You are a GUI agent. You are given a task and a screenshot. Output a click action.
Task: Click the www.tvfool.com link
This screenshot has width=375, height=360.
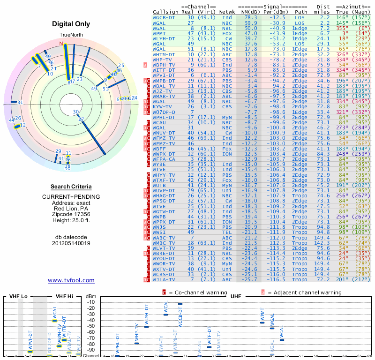click(71, 280)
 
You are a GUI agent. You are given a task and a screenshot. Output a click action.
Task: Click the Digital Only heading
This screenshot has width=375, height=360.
click(71, 23)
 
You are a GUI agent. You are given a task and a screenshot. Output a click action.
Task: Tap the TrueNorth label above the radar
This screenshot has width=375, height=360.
click(71, 35)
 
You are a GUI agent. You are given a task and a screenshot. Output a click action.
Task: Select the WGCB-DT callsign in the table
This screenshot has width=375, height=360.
click(164, 17)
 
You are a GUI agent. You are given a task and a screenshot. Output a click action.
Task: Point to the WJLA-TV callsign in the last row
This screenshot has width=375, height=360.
click(164, 279)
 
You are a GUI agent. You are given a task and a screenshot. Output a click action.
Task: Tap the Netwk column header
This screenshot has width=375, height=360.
click(227, 11)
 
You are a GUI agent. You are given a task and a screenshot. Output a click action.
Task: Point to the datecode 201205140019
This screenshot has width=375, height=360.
click(71, 243)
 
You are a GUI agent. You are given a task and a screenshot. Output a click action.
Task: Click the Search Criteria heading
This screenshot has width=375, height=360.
click(71, 187)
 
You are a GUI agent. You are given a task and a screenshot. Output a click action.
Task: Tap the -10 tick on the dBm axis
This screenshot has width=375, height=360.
click(91, 302)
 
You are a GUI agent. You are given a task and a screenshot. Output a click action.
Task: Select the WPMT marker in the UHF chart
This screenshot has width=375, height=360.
click(262, 322)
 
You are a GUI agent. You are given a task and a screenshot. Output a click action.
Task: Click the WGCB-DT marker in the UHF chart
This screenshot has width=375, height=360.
click(180, 304)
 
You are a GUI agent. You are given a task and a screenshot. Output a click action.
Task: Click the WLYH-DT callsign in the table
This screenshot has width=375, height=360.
click(164, 39)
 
